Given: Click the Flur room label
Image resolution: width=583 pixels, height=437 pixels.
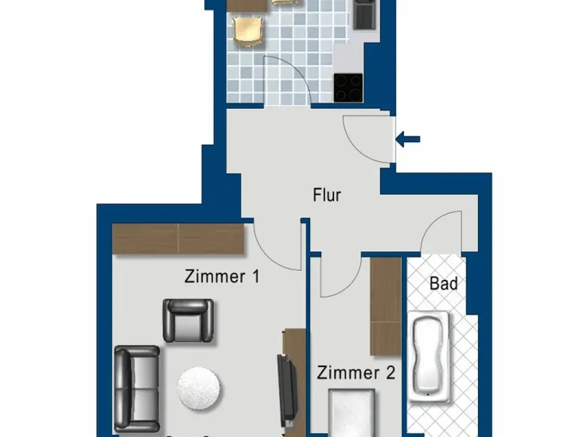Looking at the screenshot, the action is [x=327, y=195].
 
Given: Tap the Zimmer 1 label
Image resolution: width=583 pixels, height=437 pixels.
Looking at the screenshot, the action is [x=222, y=277].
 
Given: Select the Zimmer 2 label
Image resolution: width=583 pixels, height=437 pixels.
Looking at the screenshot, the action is [x=356, y=373].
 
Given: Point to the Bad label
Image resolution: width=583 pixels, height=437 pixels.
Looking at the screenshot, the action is [x=444, y=284].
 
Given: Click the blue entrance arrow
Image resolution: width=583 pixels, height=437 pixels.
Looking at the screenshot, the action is [x=408, y=139].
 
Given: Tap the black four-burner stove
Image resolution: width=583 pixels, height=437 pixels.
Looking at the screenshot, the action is [x=348, y=88].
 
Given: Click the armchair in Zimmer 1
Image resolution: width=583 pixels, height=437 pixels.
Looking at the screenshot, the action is [x=188, y=320].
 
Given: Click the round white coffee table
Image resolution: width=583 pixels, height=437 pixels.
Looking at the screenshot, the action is [x=198, y=388].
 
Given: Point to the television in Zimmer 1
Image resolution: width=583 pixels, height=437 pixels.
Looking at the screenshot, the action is [x=287, y=390].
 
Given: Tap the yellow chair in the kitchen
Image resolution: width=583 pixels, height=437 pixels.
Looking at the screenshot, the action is [x=247, y=32].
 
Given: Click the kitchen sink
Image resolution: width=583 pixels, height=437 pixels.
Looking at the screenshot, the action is [x=364, y=14].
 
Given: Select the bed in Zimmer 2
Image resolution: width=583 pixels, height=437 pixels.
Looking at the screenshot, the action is [x=352, y=413].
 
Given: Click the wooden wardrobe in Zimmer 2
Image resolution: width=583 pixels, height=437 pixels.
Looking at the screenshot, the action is [x=385, y=306].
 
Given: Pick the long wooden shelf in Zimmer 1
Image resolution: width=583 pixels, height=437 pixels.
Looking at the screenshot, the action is [x=178, y=239].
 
